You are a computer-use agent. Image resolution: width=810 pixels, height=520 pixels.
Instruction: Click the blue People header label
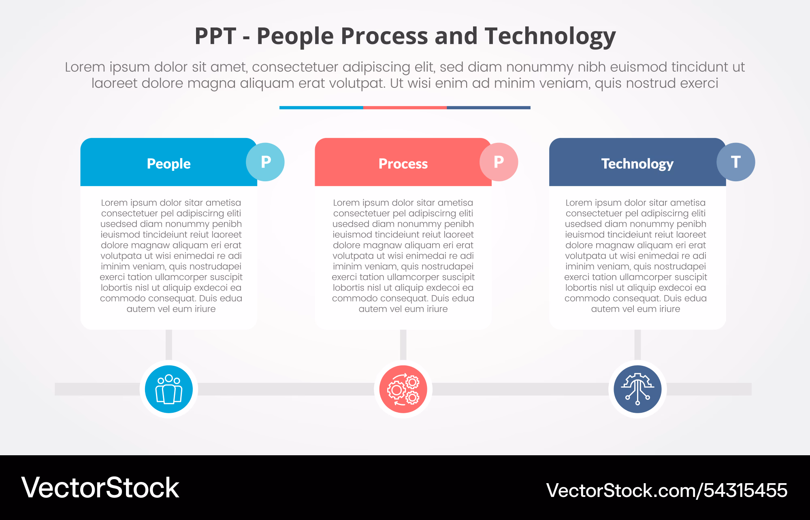pyautogui.click(x=168, y=164)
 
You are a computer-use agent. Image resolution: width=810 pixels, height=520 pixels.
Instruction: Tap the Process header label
pyautogui.click(x=403, y=164)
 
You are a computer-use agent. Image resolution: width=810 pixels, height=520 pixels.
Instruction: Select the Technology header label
pyautogui.click(x=637, y=164)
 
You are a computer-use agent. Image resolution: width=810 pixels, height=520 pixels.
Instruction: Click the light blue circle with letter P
pyautogui.click(x=265, y=162)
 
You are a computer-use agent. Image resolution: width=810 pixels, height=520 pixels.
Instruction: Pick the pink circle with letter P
pyautogui.click(x=499, y=162)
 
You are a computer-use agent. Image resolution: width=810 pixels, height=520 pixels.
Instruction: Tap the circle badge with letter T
pyautogui.click(x=736, y=162)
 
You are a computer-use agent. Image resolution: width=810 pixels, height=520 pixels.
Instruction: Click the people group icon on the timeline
pyautogui.click(x=169, y=389)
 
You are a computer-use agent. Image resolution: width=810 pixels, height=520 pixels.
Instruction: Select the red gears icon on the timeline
pyautogui.click(x=403, y=389)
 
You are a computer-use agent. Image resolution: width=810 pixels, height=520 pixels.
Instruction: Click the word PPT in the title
pyautogui.click(x=215, y=36)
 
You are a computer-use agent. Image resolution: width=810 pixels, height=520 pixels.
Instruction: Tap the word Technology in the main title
pyautogui.click(x=550, y=36)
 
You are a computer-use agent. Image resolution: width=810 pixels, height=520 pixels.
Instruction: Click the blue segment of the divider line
pyautogui.click(x=321, y=108)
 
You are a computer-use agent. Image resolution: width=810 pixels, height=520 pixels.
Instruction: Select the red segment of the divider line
pyautogui.click(x=405, y=108)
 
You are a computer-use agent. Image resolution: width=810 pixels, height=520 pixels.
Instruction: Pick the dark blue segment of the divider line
pyautogui.click(x=488, y=108)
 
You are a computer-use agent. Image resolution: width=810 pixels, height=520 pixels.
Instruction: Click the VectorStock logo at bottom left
pyautogui.click(x=100, y=488)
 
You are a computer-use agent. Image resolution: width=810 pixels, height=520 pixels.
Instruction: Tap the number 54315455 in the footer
pyautogui.click(x=745, y=490)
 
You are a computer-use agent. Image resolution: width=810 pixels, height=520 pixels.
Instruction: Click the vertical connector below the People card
pyautogui.click(x=169, y=345)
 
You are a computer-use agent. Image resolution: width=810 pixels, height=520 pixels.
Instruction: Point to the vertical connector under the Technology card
pyautogui.click(x=637, y=345)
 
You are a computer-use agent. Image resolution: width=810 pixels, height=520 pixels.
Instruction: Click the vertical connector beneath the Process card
pyautogui.click(x=403, y=345)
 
